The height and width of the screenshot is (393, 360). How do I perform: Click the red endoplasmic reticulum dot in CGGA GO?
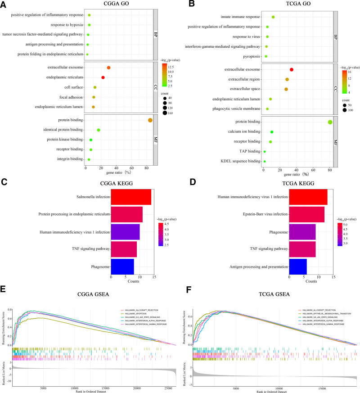coord(103,77)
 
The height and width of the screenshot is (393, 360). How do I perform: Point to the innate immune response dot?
coord(273,17)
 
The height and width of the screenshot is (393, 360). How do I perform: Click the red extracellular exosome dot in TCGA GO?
coord(292,69)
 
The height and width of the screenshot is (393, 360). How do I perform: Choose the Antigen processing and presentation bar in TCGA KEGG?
coord(298,267)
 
